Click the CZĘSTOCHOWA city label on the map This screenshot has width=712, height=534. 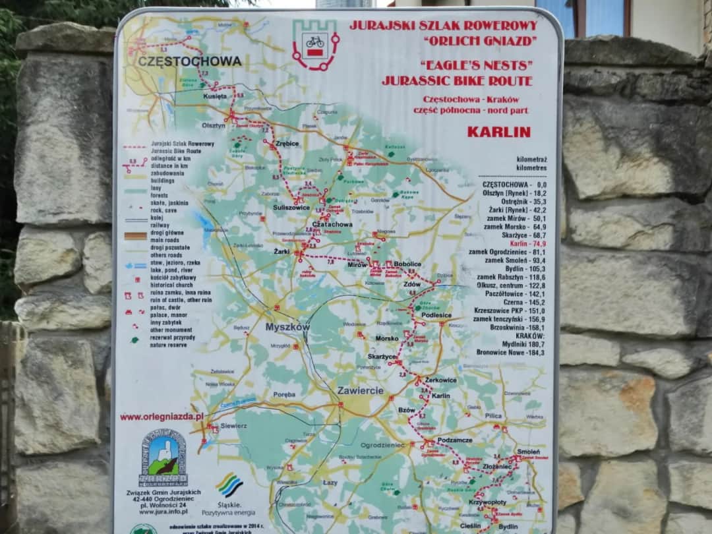tap(190, 61)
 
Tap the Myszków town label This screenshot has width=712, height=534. tap(287, 327)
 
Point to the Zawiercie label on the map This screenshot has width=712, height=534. tap(360, 390)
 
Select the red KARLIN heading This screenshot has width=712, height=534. tap(498, 131)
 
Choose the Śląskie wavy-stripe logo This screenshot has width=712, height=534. tap(229, 485)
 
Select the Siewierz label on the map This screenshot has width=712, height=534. tap(234, 426)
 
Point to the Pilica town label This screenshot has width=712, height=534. tap(493, 416)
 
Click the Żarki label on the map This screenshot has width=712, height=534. tap(282, 251)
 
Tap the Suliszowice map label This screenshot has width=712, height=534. tap(291, 207)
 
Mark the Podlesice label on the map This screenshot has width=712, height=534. tap(436, 315)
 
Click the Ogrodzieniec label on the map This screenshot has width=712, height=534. tap(382, 446)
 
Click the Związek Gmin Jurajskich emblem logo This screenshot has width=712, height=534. tap(163, 458)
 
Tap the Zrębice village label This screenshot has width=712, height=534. tap(287, 143)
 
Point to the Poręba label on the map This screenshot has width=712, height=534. tap(284, 394)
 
